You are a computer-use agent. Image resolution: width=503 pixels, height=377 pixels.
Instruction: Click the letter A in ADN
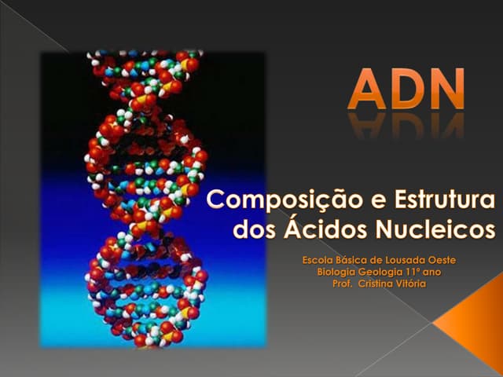(x=367, y=90)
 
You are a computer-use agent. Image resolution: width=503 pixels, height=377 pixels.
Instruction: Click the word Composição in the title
(x=271, y=202)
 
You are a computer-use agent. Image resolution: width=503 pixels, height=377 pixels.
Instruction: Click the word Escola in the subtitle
(x=318, y=259)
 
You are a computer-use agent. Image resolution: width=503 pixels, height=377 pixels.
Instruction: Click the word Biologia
(x=338, y=271)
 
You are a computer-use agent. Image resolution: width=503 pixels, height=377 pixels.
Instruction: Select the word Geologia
(x=386, y=271)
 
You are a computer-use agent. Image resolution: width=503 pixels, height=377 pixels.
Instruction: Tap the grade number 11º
(x=420, y=271)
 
